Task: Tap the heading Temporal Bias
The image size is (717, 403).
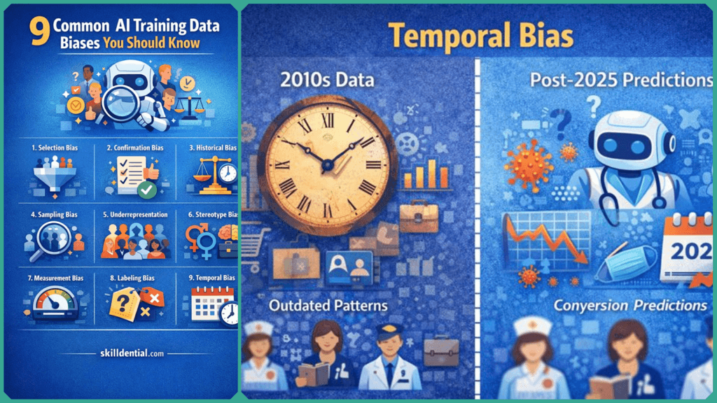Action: click(x=478, y=36)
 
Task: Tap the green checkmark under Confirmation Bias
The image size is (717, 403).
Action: click(x=147, y=189)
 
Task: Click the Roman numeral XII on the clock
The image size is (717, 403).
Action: click(x=328, y=120)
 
